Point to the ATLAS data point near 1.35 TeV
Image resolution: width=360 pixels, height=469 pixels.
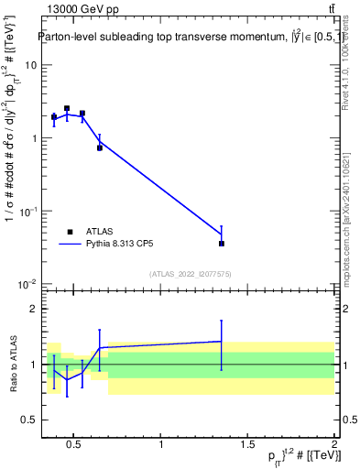[x=222, y=244]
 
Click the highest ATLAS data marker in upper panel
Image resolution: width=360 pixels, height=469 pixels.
[x=67, y=108]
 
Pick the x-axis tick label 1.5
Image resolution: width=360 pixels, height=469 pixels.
[x=247, y=446]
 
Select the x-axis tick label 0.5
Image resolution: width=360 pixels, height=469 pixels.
[x=74, y=446]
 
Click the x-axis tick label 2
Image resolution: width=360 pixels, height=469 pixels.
[x=334, y=446]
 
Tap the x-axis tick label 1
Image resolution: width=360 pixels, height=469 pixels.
[x=161, y=446]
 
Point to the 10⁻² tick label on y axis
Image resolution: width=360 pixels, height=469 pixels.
[x=27, y=284]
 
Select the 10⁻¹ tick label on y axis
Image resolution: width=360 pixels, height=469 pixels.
[x=27, y=211]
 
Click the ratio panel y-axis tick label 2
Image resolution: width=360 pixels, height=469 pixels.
[x=34, y=310]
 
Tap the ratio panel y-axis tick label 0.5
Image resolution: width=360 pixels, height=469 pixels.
[x=30, y=419]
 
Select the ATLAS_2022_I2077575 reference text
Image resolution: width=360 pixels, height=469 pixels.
[x=191, y=274]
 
